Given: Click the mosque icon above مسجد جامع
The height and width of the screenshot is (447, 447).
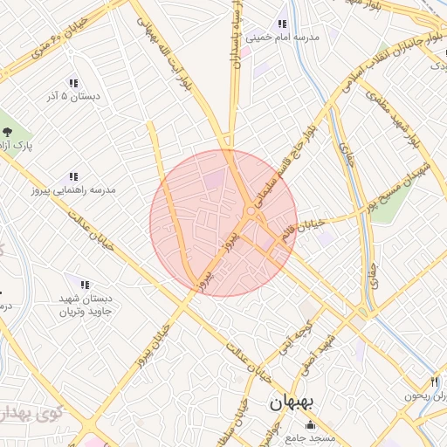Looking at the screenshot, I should (309, 424).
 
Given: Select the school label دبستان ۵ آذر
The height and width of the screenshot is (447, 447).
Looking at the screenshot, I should (73, 96).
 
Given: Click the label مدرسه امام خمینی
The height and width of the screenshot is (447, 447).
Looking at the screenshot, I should (283, 38).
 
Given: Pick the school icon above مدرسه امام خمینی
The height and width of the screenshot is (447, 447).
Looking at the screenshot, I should (282, 24).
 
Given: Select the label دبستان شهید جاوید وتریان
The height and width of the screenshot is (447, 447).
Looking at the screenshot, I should (86, 305).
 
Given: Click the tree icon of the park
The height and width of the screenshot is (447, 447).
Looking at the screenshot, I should (7, 131).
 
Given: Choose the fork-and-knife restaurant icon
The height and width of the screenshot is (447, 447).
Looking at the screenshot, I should (435, 382).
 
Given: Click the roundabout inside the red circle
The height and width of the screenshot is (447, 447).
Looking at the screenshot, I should (251, 212).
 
